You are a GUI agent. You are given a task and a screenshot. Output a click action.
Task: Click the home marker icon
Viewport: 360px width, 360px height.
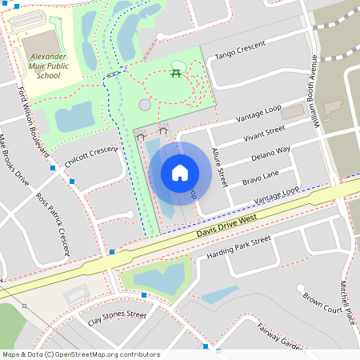coord(180,173)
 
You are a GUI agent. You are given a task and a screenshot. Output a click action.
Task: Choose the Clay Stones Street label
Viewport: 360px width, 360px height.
coord(117,319)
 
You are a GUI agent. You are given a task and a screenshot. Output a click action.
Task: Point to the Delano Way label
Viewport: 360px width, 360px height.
coord(270,154)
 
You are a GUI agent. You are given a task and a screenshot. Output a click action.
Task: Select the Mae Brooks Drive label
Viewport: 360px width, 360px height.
coord(14,159)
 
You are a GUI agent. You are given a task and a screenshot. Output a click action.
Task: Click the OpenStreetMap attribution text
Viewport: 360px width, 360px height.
coord(82,354)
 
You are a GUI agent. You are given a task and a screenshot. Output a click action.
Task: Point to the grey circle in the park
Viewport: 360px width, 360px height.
coord(145,105)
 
